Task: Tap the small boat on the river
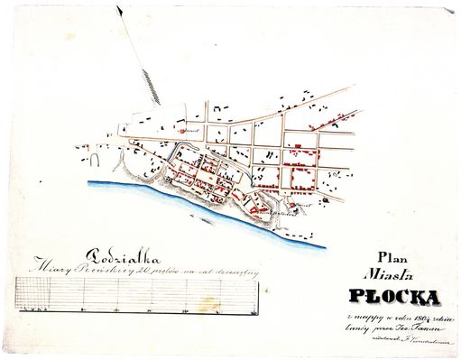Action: pyautogui.click(x=209, y=217)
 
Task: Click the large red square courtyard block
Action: pyautogui.click(x=301, y=173)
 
